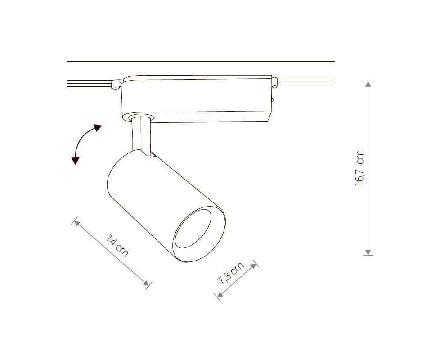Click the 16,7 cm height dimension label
pyautogui.click(x=360, y=168)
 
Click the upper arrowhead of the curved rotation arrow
pyautogui.click(x=98, y=128)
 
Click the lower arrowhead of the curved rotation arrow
pyautogui.click(x=75, y=161)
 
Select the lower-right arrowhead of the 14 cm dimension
pyautogui.click(x=146, y=283)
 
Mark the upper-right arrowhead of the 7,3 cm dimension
pyautogui.click(x=253, y=265)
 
